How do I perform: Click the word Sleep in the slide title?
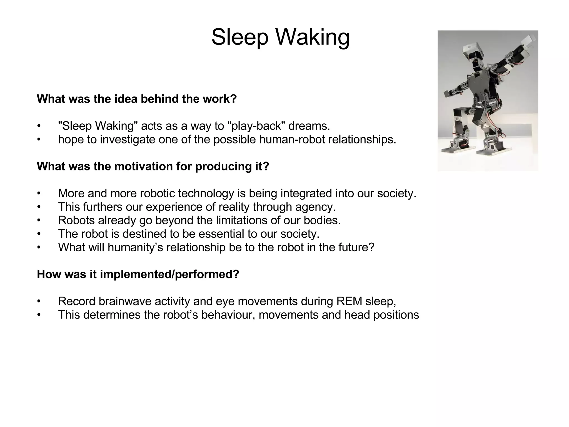(240, 38)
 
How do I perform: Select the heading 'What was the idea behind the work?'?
(136, 99)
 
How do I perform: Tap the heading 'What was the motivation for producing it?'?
(153, 167)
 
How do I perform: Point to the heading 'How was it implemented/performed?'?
(138, 274)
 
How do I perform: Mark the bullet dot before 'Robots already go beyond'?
(39, 221)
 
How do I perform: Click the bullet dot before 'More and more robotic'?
(39, 194)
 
